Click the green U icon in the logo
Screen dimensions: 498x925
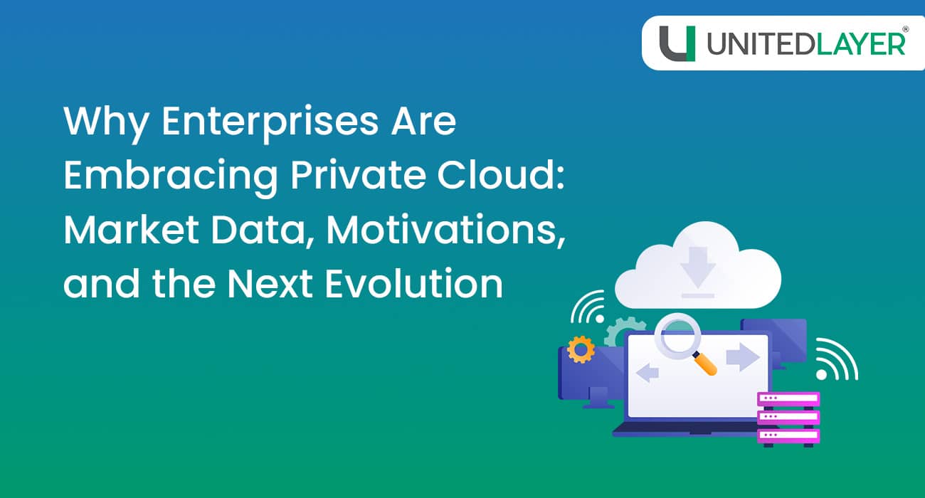click(x=676, y=43)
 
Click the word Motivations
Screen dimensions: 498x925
click(x=442, y=230)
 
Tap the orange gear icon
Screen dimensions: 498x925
click(x=581, y=349)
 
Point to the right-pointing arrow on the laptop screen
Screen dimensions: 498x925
click(x=743, y=357)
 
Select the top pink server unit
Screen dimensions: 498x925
click(x=788, y=399)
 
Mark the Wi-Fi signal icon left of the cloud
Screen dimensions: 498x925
click(x=589, y=307)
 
